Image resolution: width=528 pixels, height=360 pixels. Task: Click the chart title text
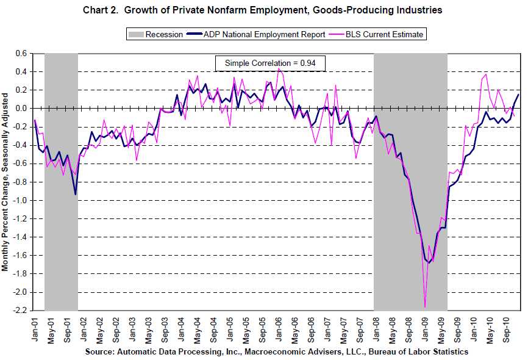pyautogui.click(x=263, y=10)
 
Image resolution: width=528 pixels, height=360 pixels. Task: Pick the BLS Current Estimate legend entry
pyautogui.click(x=378, y=34)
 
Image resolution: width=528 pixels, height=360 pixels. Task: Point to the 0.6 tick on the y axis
pyautogui.click(x=21, y=54)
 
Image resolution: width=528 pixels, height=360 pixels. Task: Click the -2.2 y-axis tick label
pyautogui.click(x=20, y=311)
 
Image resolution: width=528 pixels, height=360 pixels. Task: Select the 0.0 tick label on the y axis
pyautogui.click(x=21, y=109)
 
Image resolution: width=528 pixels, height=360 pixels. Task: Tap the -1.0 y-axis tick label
pyautogui.click(x=20, y=201)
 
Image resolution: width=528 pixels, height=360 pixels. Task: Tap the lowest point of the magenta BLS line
pyautogui.click(x=425, y=307)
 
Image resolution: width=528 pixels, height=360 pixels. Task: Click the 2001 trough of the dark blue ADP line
pyautogui.click(x=76, y=195)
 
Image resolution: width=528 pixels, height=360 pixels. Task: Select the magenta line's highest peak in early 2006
pyautogui.click(x=279, y=68)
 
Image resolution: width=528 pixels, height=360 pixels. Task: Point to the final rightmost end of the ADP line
pyautogui.click(x=519, y=94)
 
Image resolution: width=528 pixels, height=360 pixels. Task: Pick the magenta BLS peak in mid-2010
pyautogui.click(x=486, y=74)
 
